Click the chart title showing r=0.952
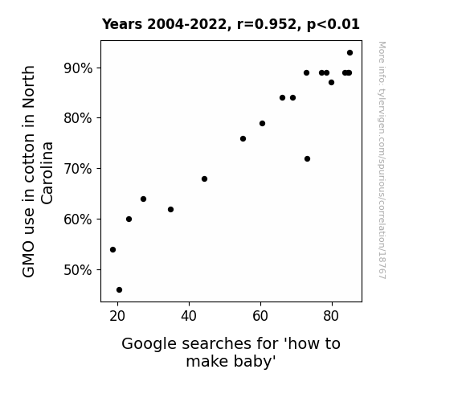(231, 24)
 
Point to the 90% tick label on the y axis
(78, 68)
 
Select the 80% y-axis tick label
(78, 118)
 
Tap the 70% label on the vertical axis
(78, 169)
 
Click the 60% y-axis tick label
(78, 219)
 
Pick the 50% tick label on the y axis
(78, 270)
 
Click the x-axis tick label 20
(117, 316)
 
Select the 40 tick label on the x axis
(189, 316)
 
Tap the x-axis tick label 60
(260, 316)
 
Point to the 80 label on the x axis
(331, 316)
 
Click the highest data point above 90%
(350, 53)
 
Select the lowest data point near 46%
(120, 290)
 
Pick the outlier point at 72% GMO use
(307, 159)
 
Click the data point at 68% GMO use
(204, 179)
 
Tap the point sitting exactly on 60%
(129, 219)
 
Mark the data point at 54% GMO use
(112, 250)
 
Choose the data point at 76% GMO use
(243, 138)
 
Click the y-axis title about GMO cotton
(38, 171)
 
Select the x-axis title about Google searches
(231, 352)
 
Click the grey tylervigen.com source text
(382, 160)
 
